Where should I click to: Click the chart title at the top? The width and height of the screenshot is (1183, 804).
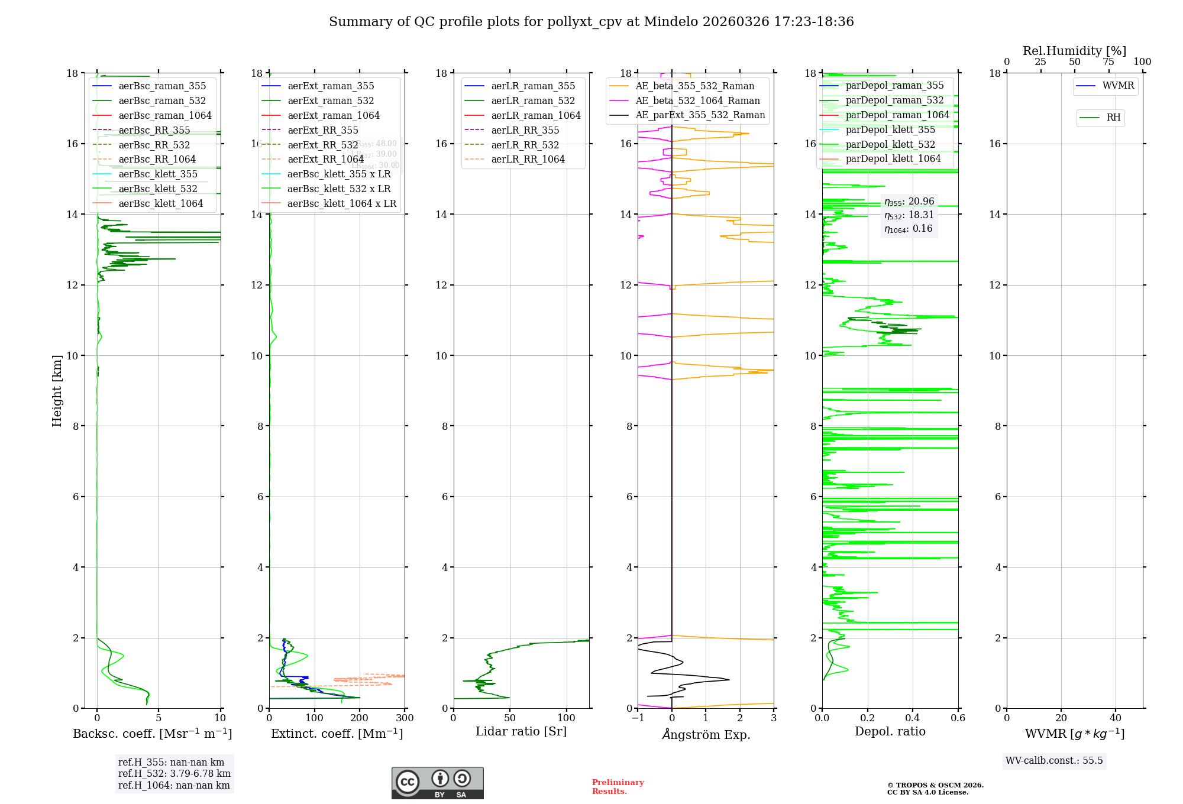[591, 22]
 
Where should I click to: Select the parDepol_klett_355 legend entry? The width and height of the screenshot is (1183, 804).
[890, 129]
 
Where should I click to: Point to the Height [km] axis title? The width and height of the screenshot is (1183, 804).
[57, 390]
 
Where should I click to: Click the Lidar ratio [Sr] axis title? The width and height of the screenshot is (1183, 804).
[521, 731]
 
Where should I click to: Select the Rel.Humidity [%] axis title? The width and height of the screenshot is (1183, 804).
[1074, 51]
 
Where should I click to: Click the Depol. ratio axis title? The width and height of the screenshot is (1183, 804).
[890, 731]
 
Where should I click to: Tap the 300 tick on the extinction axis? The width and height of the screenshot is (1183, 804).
[405, 718]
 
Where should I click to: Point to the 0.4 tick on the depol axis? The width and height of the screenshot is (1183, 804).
[913, 718]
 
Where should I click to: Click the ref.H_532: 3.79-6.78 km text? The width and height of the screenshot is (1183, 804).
[174, 774]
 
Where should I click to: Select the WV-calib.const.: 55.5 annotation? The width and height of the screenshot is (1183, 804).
[1054, 761]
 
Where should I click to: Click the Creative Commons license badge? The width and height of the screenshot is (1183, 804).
[437, 783]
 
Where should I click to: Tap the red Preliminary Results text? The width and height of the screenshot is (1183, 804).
[618, 787]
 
